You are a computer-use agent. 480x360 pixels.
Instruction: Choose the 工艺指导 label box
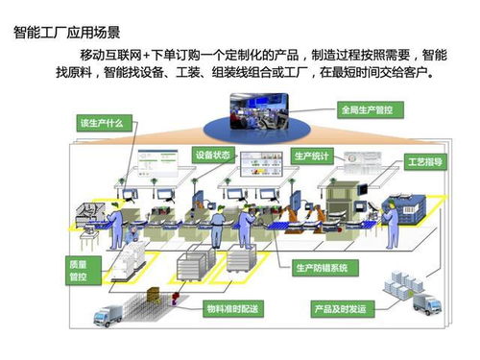click(x=423, y=161)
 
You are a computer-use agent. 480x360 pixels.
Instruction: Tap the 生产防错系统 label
click(x=322, y=267)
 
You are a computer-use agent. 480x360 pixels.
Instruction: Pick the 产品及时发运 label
click(x=339, y=308)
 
